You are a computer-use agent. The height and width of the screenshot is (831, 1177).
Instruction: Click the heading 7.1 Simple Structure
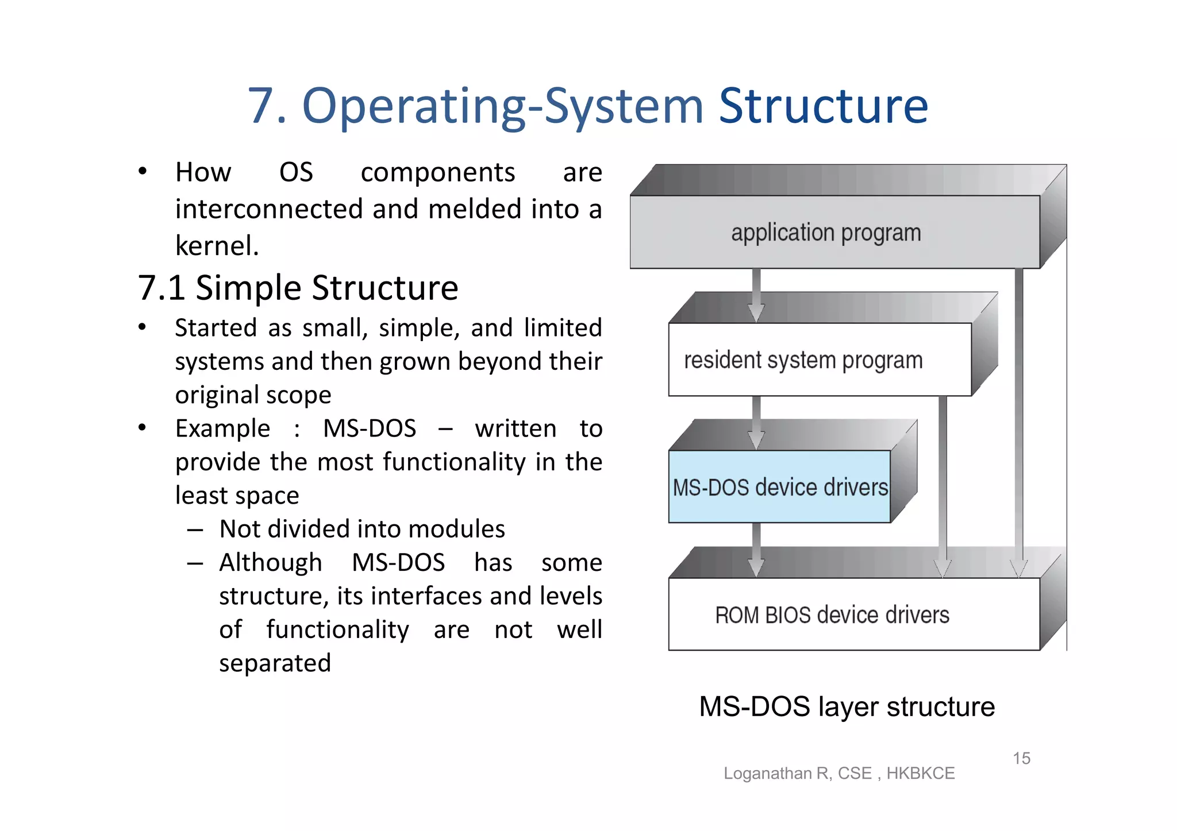[298, 288]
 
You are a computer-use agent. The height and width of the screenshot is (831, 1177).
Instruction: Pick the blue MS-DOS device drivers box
[779, 487]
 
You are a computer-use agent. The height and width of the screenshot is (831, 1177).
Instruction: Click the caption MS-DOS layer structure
[847, 706]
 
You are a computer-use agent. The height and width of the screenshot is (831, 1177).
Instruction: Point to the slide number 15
[1021, 758]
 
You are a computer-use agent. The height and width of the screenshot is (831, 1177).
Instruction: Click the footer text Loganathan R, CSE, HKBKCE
[839, 773]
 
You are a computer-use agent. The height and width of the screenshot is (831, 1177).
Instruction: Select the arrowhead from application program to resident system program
[756, 312]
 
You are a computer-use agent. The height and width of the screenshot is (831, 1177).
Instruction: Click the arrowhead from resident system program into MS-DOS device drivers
[756, 440]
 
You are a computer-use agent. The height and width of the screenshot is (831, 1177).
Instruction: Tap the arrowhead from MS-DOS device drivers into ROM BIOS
[756, 567]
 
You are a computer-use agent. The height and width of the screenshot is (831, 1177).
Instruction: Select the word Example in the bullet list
[222, 429]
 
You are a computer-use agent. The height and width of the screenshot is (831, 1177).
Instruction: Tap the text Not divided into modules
[362, 529]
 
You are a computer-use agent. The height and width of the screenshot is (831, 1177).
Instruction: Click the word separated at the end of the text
[275, 663]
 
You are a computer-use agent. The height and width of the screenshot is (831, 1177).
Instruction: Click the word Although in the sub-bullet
[271, 563]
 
